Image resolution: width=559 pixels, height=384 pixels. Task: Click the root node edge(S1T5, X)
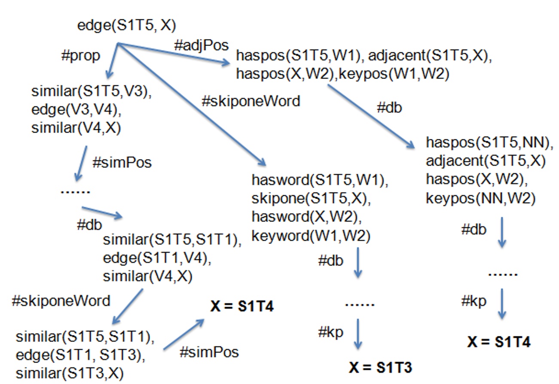126,26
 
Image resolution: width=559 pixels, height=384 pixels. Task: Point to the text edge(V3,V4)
76,110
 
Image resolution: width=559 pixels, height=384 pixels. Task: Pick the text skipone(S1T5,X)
311,200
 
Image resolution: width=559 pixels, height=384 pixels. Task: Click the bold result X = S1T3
381,367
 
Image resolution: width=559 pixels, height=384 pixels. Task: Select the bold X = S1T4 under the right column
498,342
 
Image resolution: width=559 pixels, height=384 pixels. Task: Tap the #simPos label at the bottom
209,353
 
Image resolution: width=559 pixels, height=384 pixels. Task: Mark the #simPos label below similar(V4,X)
122,163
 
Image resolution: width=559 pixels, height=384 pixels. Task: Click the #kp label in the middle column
331,332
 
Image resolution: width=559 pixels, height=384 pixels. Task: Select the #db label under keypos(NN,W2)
473,230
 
